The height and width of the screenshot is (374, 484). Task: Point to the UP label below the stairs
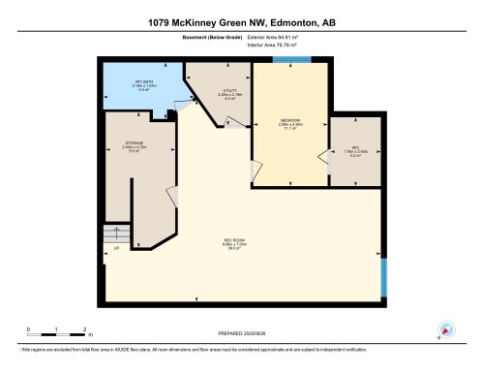click(x=115, y=256)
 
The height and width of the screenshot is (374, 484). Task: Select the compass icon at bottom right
click(x=446, y=329)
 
